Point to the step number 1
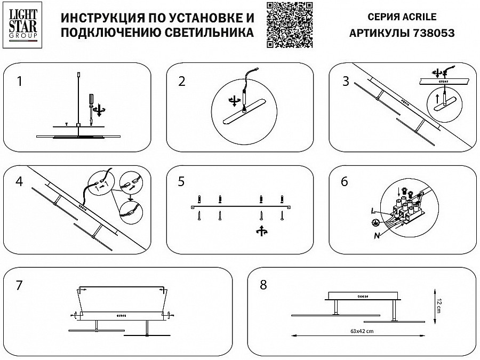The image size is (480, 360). coord(20,81)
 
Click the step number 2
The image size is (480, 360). coord(182,81)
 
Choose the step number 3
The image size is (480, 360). coord(346,81)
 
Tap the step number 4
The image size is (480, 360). coord(20,181)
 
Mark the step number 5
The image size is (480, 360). coord(182,181)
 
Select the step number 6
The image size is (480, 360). coord(345,181)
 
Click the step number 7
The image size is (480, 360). coord(20,285)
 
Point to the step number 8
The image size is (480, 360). coord(263,285)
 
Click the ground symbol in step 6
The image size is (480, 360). coord(375,223)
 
